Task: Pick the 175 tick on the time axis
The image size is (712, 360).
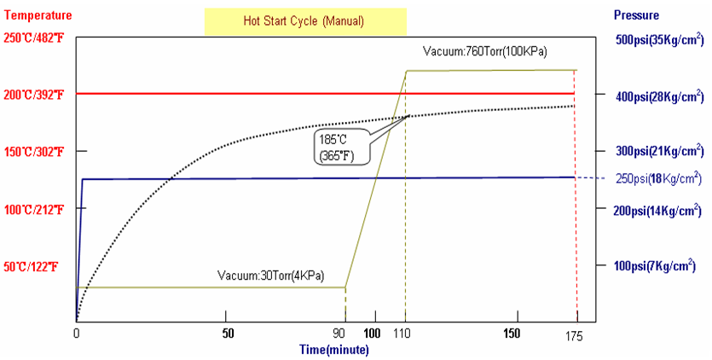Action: [573, 336]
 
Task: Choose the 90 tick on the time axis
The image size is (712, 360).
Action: [339, 334]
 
